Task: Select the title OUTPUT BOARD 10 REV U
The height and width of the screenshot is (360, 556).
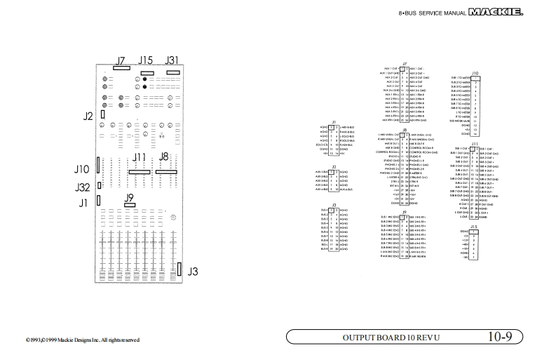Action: (391, 338)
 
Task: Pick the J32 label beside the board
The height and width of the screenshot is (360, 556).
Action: (83, 187)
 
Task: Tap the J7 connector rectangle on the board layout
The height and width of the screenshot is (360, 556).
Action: (121, 69)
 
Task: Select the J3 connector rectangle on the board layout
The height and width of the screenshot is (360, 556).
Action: (179, 270)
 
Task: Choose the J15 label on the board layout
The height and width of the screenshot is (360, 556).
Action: (146, 60)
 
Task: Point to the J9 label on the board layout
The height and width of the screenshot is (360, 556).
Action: (128, 197)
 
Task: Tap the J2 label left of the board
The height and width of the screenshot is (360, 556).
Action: (88, 116)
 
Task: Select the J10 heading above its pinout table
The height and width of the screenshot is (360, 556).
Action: (475, 73)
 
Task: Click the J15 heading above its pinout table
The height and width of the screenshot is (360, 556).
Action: (474, 227)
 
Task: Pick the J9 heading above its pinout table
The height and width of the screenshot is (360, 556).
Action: (404, 211)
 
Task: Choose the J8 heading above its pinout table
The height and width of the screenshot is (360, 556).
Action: (404, 130)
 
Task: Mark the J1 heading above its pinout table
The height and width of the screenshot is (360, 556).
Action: (333, 122)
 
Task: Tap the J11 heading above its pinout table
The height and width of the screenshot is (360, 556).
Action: (475, 144)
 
